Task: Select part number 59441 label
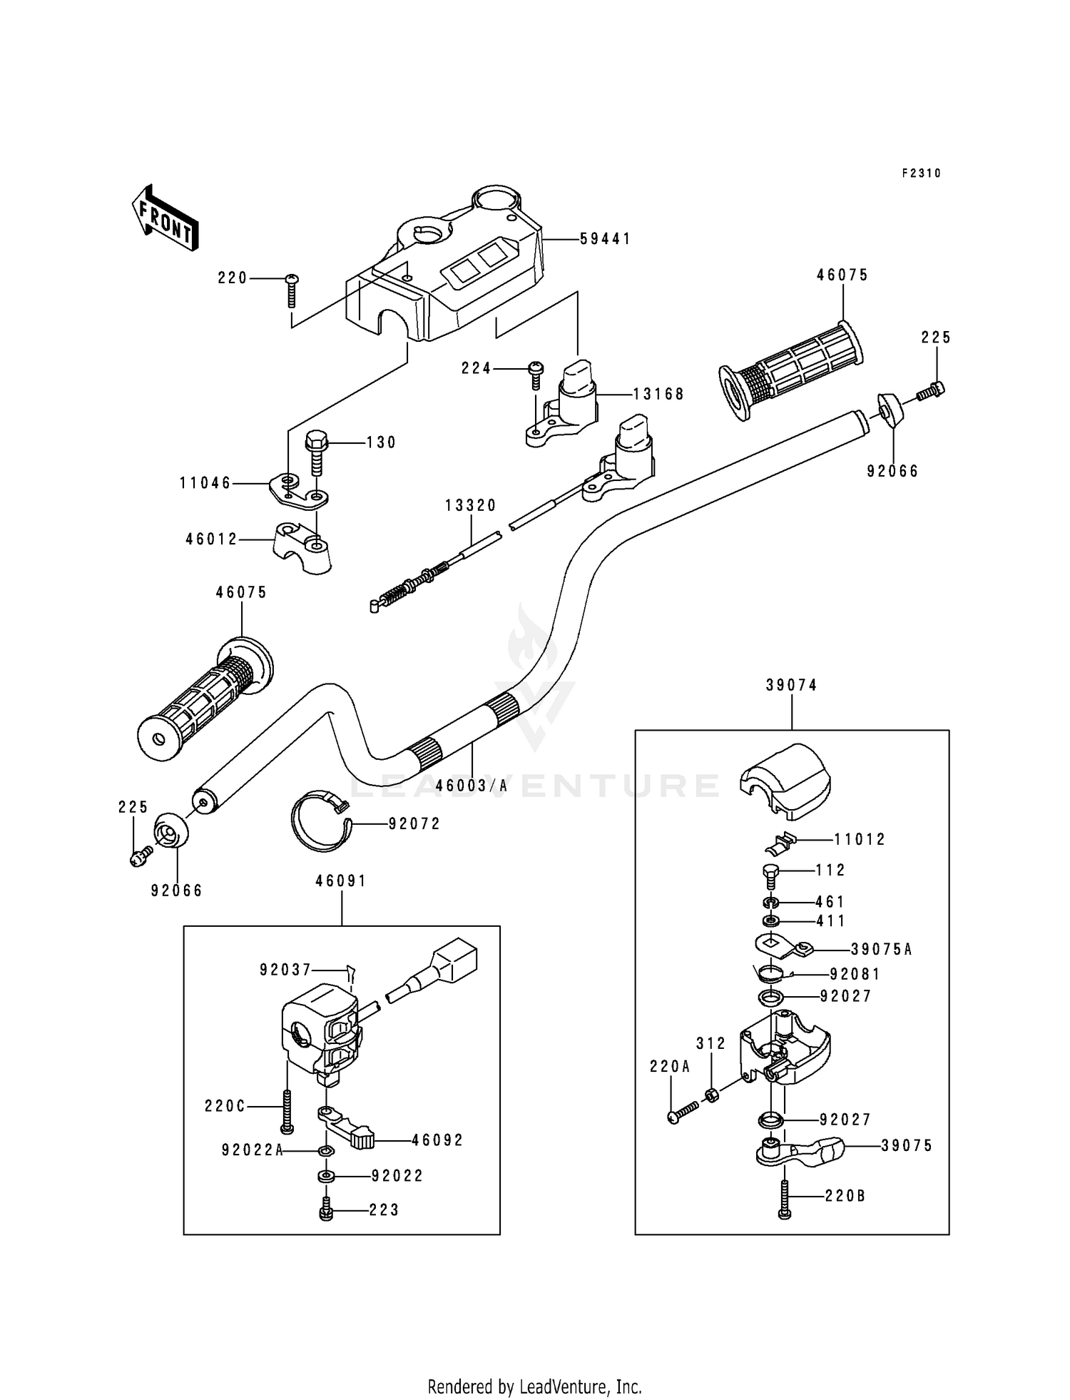tap(605, 239)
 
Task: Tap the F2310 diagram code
tap(921, 173)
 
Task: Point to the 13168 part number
tap(658, 394)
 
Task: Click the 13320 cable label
tap(471, 505)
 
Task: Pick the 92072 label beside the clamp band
tap(414, 823)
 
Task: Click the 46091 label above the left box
tap(341, 881)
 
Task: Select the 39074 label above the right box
tap(792, 685)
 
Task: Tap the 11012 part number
tap(860, 839)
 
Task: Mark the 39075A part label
tap(881, 949)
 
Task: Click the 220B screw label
tap(845, 1195)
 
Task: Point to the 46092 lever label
tap(437, 1140)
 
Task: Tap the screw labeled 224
tap(536, 372)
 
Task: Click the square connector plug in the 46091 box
tap(454, 958)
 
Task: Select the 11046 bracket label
tap(205, 483)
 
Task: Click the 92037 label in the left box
tap(285, 970)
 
